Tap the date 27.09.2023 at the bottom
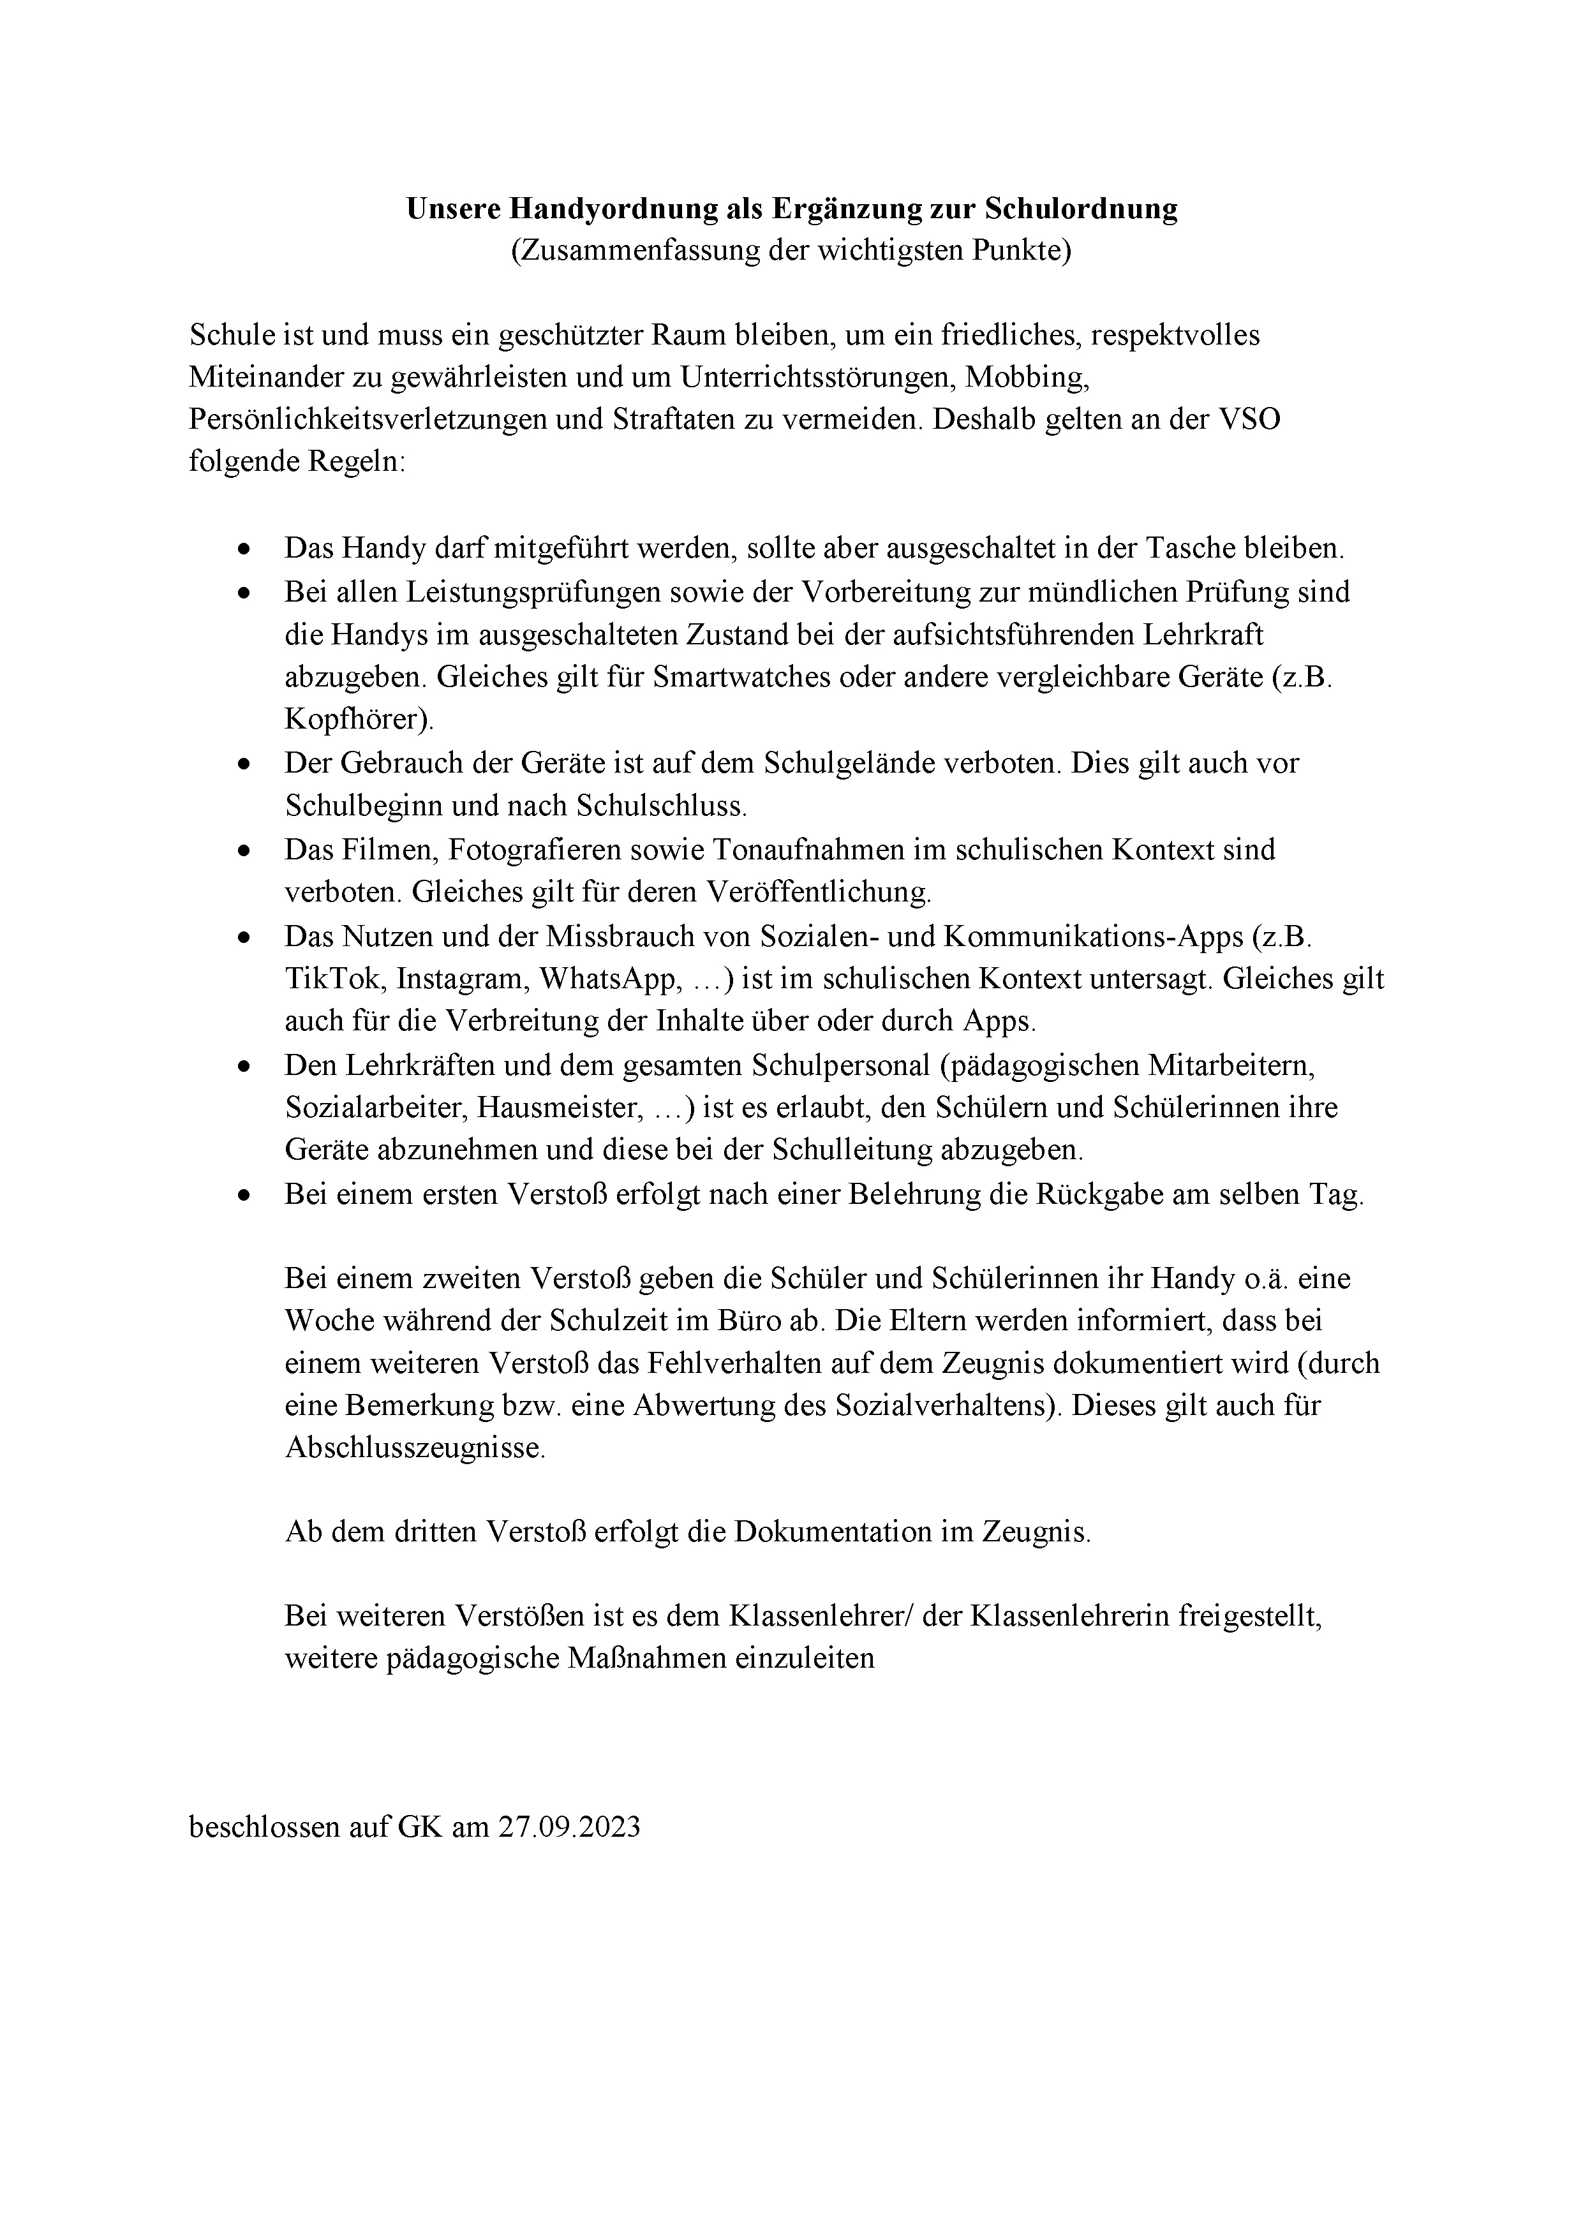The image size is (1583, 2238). pos(569,1827)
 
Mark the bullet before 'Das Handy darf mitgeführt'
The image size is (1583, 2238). pos(244,550)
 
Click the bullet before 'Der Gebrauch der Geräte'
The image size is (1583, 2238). pos(244,764)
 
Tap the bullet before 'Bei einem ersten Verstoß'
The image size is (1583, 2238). pos(244,1195)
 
